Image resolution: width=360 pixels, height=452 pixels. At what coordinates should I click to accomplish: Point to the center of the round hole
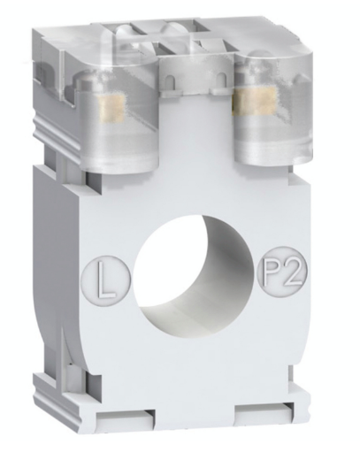195,275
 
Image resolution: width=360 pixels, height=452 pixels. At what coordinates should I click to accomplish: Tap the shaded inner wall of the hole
221,265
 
